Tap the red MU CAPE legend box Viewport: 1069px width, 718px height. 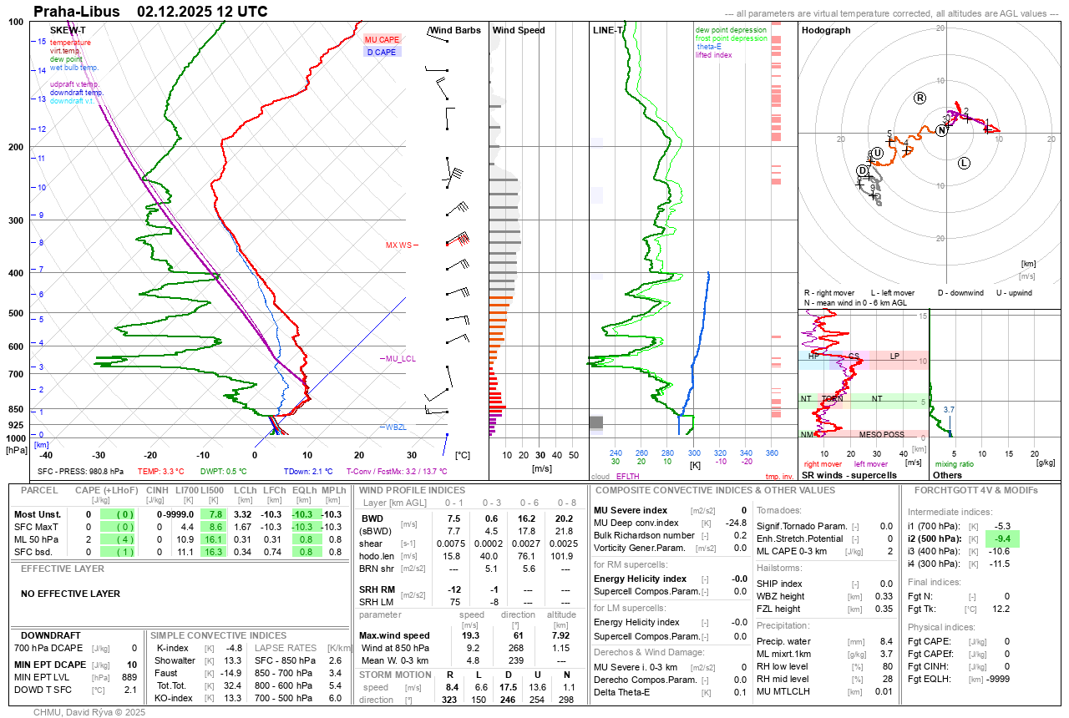383,39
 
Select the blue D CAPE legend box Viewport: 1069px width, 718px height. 383,52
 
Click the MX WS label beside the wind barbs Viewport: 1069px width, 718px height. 398,245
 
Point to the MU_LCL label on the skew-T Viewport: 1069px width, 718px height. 400,359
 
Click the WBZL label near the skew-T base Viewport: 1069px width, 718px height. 396,427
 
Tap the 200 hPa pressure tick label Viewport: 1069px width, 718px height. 16,147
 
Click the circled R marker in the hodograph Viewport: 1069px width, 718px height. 920,98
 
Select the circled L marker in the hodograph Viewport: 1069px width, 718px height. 964,163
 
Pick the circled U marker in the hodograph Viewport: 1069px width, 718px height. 877,153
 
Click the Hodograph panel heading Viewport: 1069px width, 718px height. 826,30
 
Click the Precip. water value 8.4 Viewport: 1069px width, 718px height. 887,641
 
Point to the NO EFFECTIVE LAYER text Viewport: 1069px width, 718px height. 70,594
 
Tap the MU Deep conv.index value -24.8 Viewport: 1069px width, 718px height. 736,523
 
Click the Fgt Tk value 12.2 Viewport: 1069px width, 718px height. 1002,609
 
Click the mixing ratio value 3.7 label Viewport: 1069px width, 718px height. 949,410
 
